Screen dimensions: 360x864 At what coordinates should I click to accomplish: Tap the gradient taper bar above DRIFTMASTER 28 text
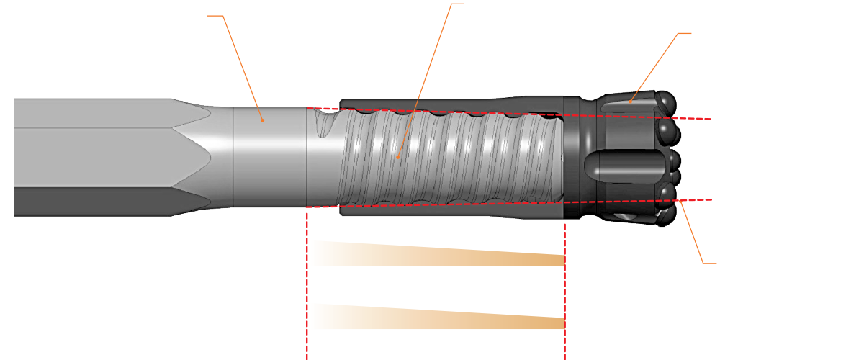(436, 253)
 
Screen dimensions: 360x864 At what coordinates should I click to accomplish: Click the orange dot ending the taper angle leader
(264, 121)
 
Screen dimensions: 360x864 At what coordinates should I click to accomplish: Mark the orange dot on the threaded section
(397, 156)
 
